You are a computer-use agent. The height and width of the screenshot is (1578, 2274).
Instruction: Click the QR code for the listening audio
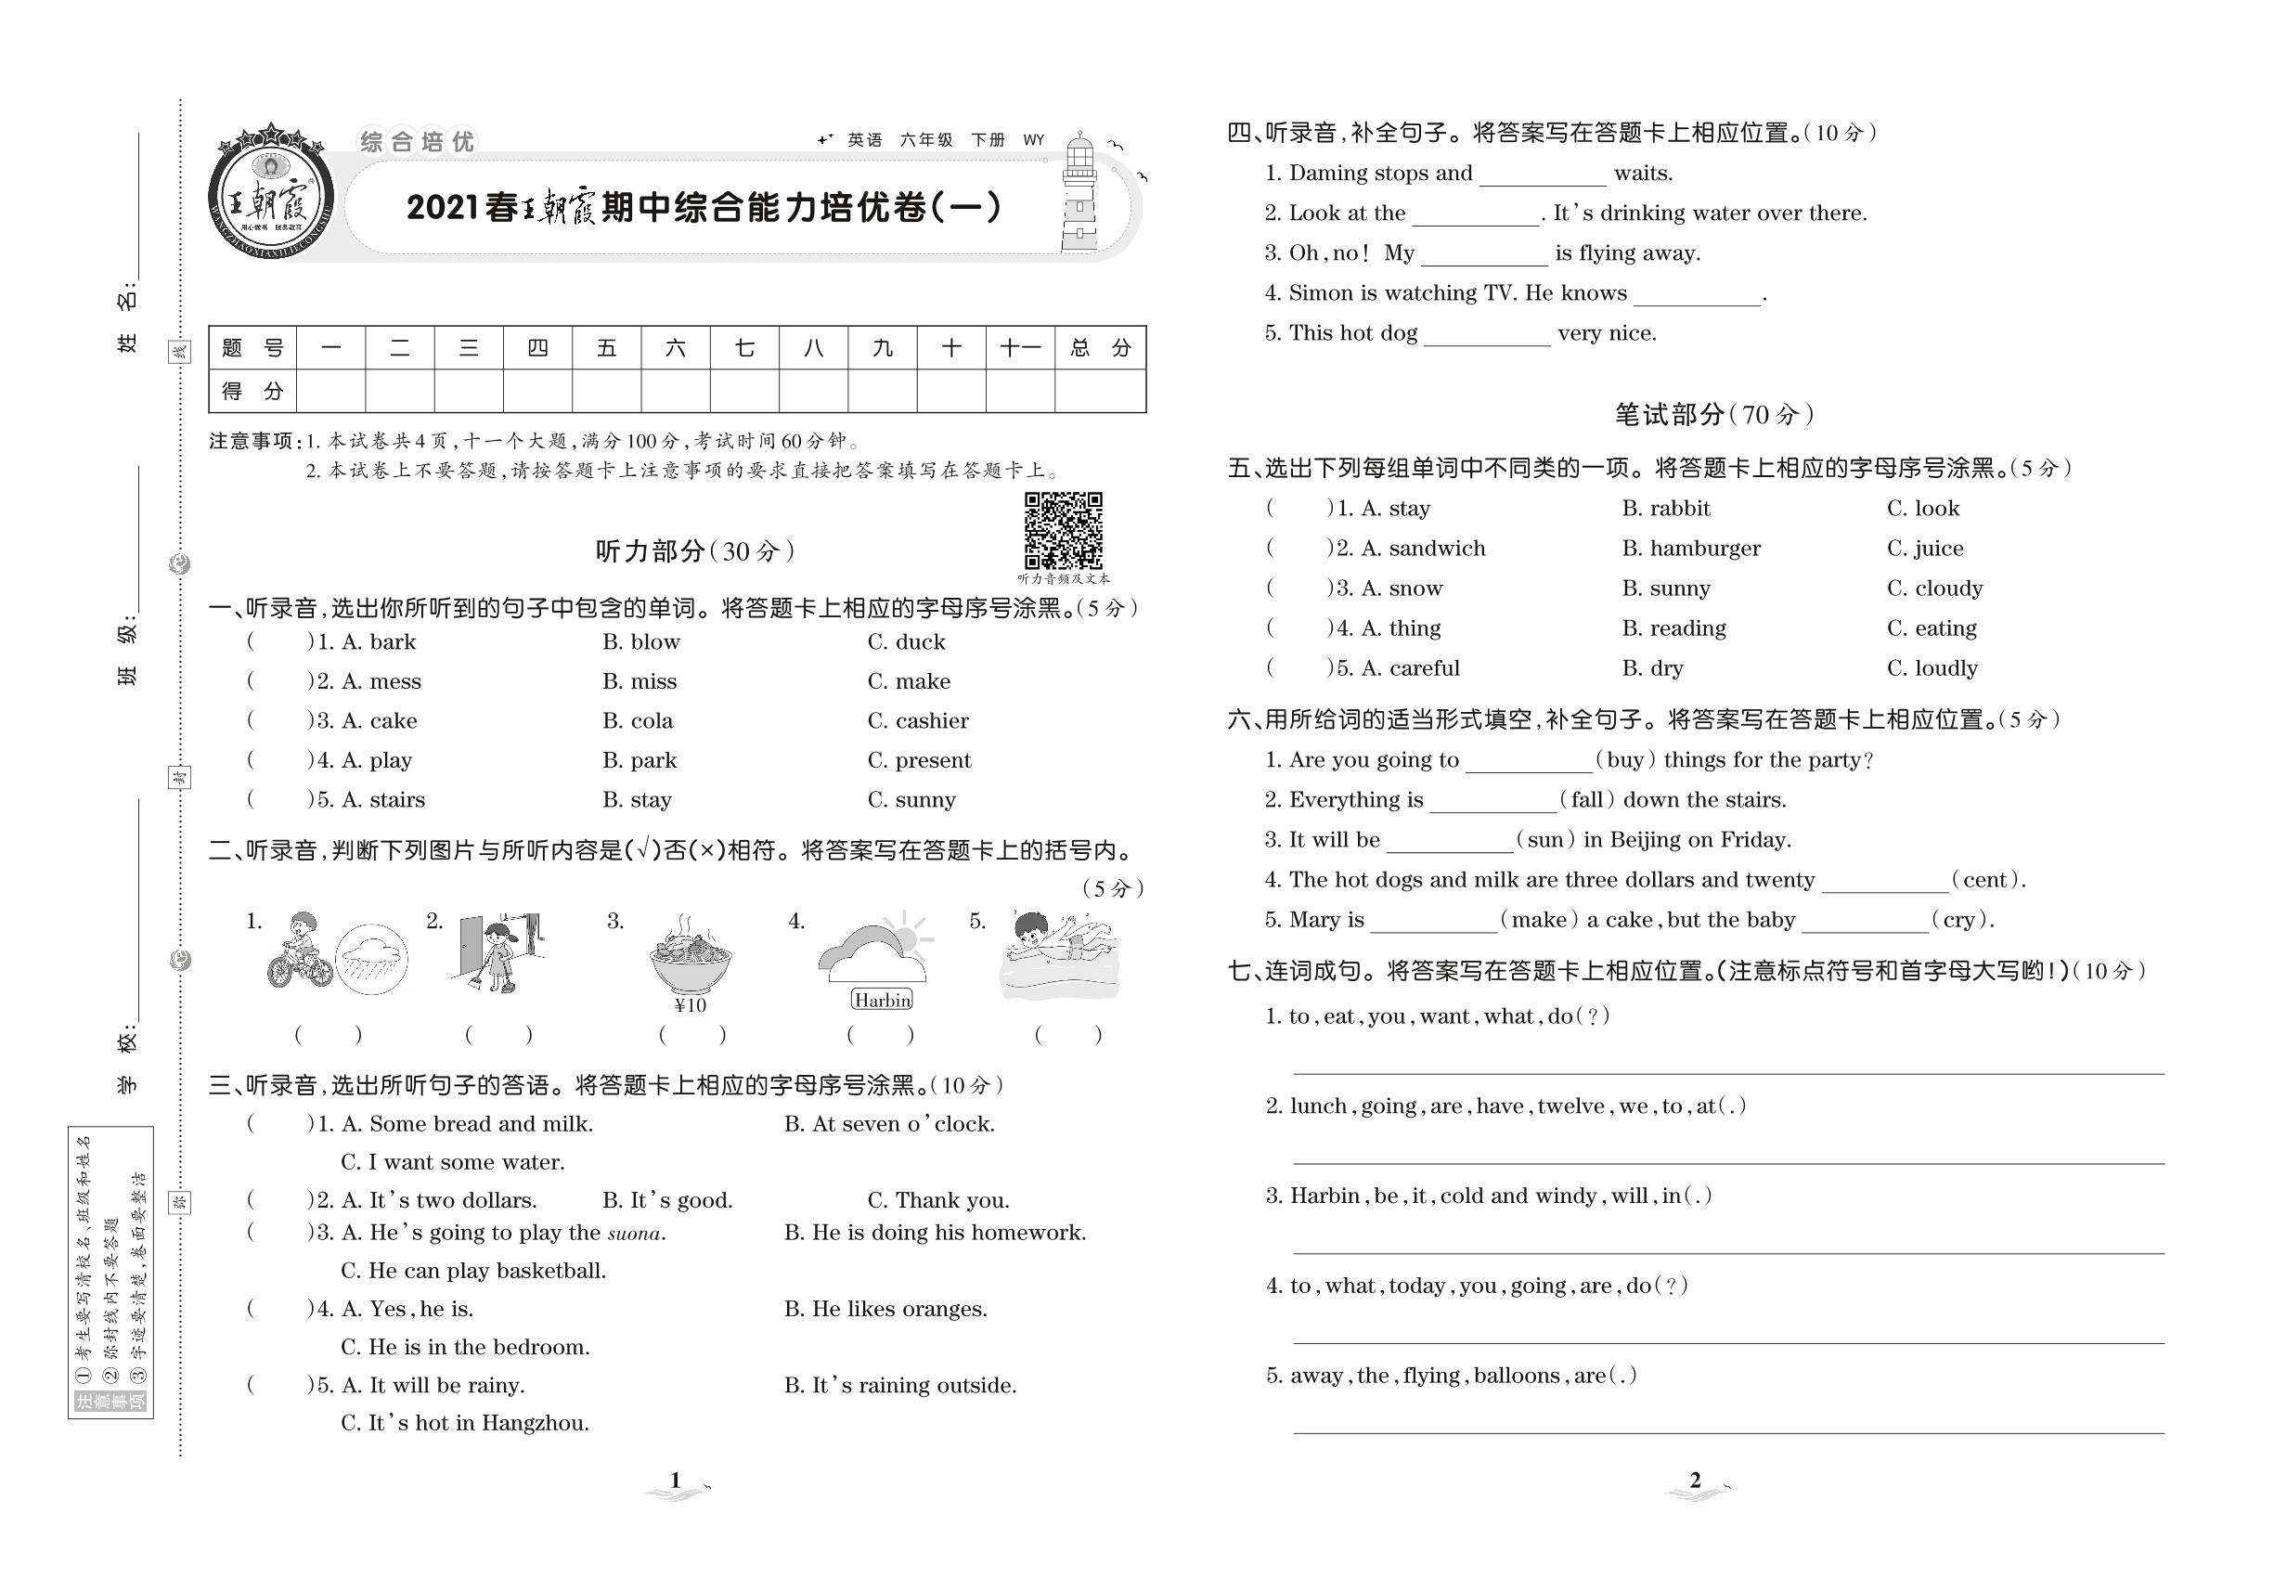pos(1063,531)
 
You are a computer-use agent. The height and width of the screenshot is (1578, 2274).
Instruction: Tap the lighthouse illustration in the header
pos(1079,194)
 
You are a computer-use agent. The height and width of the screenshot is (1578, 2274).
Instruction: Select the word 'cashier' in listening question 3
pos(931,721)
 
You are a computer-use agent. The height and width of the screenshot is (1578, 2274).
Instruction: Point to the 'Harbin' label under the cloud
pos(882,1001)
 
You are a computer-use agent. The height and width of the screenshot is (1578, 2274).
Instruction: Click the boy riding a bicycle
pos(299,951)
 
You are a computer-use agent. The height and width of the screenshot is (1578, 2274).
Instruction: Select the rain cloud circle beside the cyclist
pos(372,958)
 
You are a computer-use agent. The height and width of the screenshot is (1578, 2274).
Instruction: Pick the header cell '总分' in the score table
pos(1100,348)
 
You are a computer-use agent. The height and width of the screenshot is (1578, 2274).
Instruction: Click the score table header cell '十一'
pos(1019,348)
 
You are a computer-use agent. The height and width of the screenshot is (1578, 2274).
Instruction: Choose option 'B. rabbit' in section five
pos(1666,508)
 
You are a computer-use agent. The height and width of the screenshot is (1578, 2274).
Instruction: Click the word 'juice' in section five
pos(1938,549)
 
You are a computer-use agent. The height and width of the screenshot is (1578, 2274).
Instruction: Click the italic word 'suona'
pos(634,1234)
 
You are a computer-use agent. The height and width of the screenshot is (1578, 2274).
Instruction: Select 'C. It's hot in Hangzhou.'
pos(465,1424)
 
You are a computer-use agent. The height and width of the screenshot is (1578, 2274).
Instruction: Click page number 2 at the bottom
pos(1696,1481)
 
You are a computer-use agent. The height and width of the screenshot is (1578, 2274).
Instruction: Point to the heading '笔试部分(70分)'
pos(1714,414)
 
